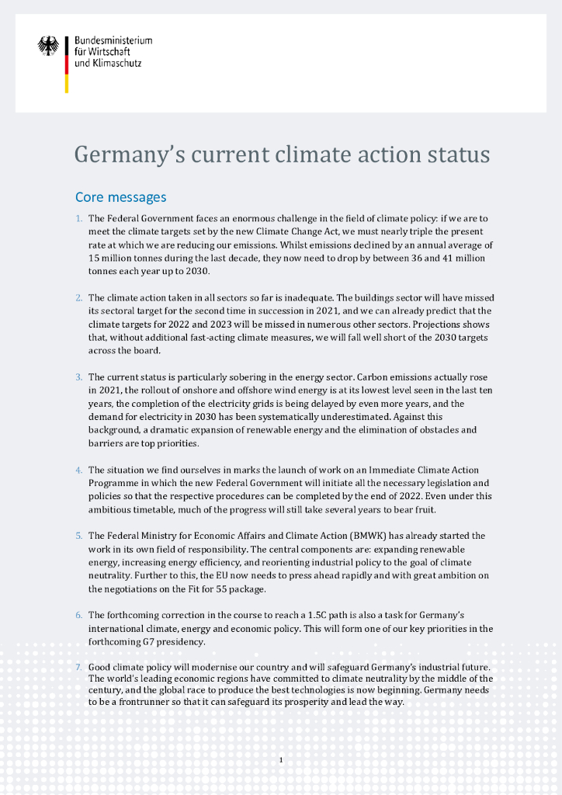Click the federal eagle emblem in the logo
48,46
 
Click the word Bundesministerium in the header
113,40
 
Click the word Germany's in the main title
125,154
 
